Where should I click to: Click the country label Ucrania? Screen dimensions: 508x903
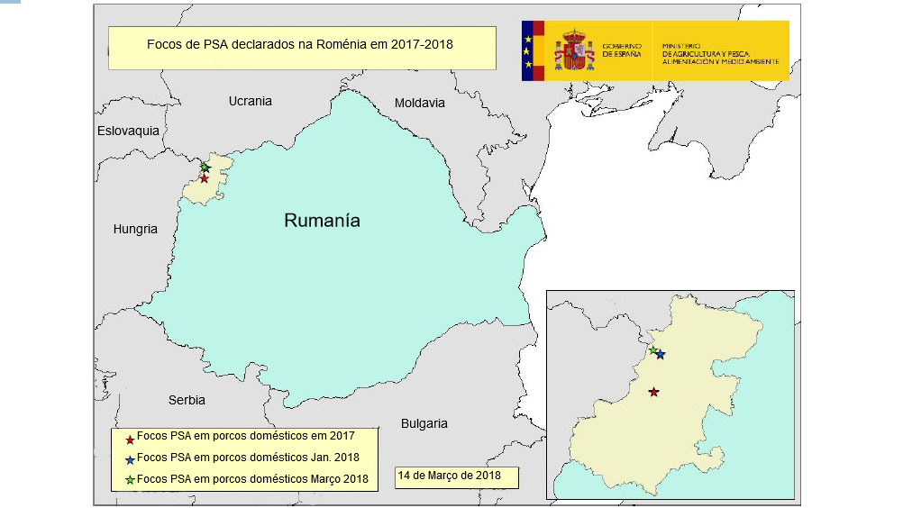(250, 101)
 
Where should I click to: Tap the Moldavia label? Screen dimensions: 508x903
(420, 103)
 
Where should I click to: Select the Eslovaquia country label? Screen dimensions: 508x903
(128, 131)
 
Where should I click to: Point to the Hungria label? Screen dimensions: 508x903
(135, 229)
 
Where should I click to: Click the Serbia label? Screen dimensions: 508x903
(187, 400)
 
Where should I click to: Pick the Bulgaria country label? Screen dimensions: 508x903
(424, 423)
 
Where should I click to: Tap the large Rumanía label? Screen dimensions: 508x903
(322, 220)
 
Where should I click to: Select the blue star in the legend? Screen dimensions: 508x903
(130, 459)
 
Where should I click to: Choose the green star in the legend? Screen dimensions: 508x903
(130, 479)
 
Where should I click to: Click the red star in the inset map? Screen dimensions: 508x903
(653, 392)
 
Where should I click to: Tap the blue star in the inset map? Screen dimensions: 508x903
(661, 355)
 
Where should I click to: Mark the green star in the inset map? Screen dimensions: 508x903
(652, 349)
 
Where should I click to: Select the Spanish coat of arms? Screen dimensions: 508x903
(573, 50)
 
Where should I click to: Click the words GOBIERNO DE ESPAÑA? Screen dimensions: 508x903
(621, 50)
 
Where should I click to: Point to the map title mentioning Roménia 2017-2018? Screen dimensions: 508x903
(299, 43)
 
